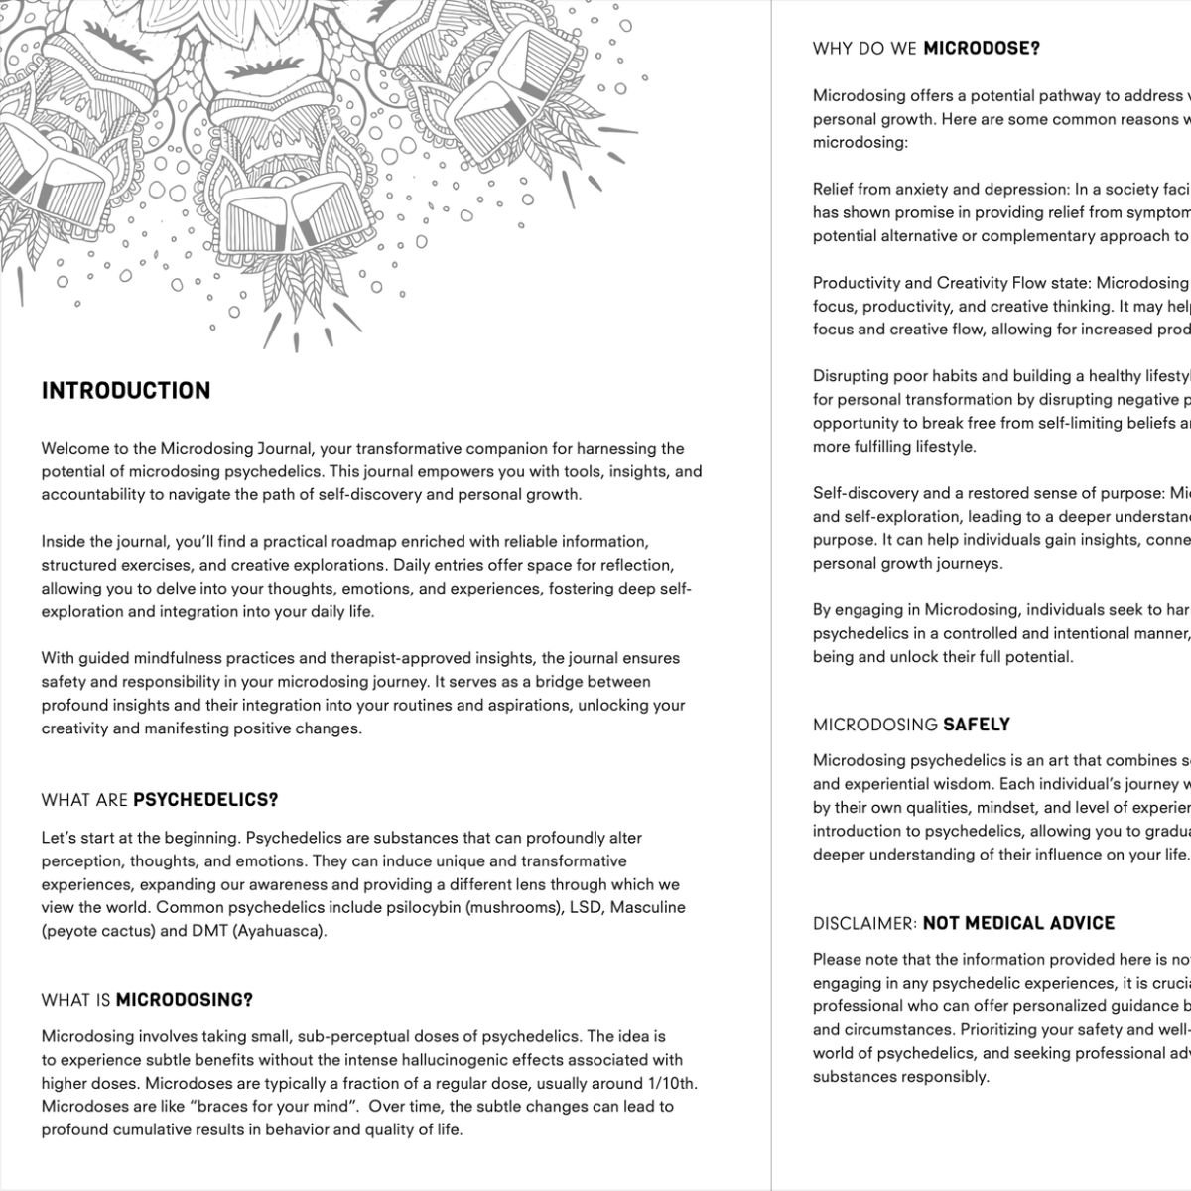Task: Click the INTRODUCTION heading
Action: [126, 391]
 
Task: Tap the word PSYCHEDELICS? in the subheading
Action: [205, 800]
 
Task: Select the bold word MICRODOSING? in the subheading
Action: [185, 1000]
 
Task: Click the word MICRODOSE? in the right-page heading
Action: [982, 48]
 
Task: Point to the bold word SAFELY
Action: [977, 725]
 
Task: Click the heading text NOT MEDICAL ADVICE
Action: [1018, 923]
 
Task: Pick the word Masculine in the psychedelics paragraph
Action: [648, 907]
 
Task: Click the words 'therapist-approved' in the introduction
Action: [390, 658]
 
